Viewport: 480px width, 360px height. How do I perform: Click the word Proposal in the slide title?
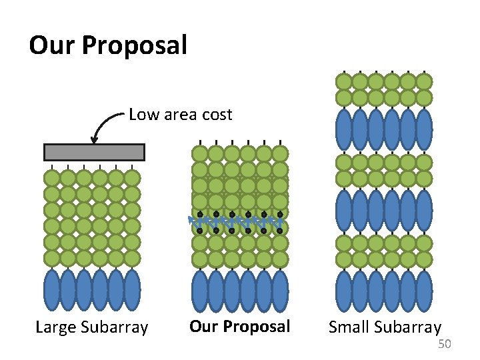[135, 46]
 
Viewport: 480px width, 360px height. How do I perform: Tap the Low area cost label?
[180, 115]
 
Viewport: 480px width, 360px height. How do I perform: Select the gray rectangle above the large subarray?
[94, 152]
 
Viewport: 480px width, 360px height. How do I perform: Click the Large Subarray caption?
[91, 327]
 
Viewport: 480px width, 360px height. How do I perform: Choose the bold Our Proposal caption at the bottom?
[240, 327]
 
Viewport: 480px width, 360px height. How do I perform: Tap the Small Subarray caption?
[385, 327]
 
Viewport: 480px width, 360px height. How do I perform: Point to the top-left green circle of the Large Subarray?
[51, 178]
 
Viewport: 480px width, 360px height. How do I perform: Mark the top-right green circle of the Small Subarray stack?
[424, 82]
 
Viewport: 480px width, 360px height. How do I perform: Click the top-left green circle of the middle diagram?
[199, 154]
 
